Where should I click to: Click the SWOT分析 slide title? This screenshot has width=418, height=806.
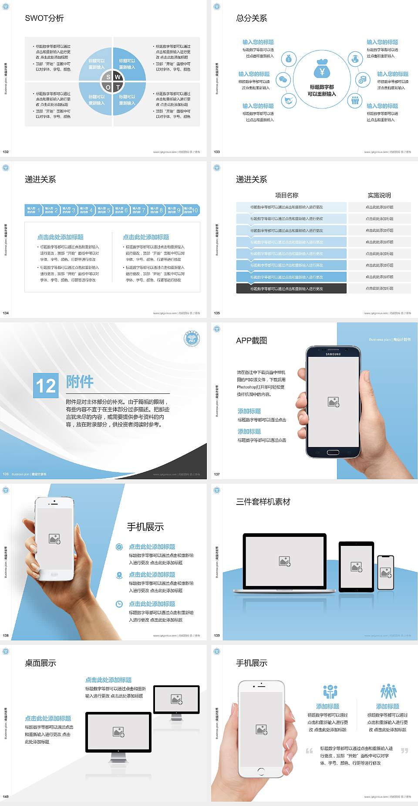[44, 18]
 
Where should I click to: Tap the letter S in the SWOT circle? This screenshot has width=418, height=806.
[108, 77]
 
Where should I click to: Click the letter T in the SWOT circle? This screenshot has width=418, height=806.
[118, 87]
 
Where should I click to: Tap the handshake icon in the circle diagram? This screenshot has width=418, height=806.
[288, 101]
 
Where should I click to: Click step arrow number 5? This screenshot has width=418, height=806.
[104, 210]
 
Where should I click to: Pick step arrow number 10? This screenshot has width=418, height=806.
[191, 210]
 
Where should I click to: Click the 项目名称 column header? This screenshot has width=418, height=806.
[287, 195]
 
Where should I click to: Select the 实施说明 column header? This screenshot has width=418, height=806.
[379, 195]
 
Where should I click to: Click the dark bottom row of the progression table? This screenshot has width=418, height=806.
[291, 288]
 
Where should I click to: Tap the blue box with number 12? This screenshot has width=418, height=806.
[46, 386]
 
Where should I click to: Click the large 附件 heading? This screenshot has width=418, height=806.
[80, 382]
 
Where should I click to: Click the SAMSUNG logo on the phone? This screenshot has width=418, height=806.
[333, 354]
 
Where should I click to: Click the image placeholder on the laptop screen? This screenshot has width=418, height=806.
[285, 562]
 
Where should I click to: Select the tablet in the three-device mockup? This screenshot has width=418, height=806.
[356, 566]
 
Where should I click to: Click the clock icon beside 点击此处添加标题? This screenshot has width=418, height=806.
[119, 604]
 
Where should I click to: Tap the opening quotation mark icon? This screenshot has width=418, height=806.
[309, 750]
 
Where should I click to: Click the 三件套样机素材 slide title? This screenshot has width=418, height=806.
[263, 502]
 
